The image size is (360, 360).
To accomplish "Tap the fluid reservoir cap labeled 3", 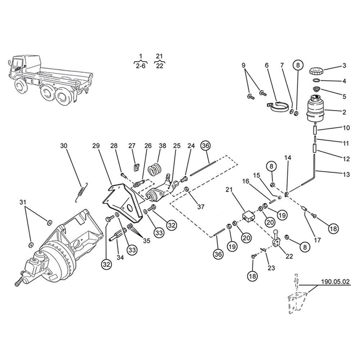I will (x=317, y=70).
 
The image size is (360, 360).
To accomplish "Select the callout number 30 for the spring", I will (x=64, y=146).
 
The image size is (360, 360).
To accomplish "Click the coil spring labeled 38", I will (x=156, y=168).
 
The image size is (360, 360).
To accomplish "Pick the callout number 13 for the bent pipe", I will (x=346, y=175).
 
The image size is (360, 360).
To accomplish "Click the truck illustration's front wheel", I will (x=20, y=86).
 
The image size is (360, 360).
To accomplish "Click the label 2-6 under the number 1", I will (x=141, y=66).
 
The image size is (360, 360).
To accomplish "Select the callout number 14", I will (x=288, y=158).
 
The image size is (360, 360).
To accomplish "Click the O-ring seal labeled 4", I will (x=316, y=80).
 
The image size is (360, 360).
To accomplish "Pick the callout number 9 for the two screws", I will (x=243, y=66).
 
